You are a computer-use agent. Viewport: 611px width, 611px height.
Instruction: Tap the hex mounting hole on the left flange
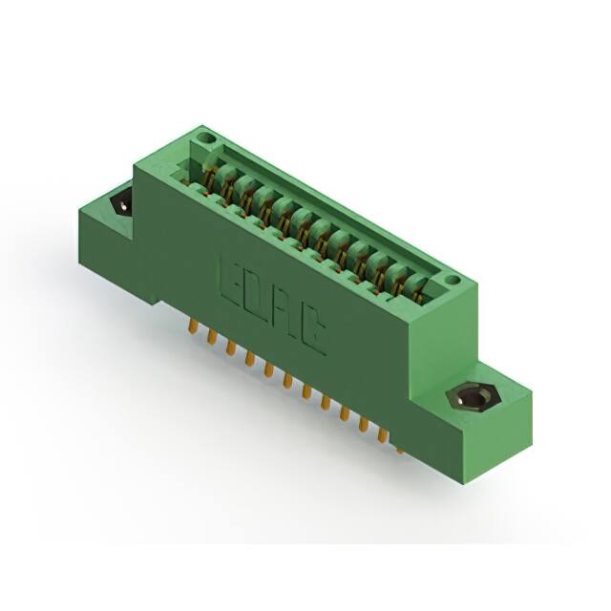123,203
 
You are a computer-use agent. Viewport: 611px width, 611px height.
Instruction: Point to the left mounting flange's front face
105,248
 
